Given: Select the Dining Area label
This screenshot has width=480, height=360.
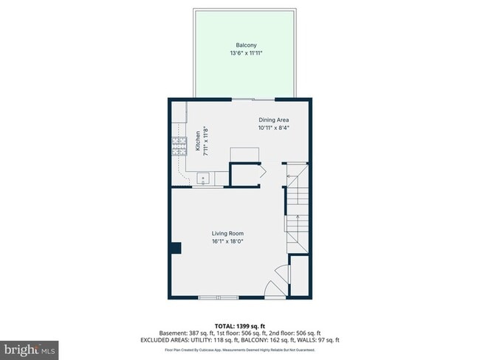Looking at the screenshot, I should coord(273,120).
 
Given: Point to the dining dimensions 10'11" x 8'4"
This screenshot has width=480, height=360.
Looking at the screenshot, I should coord(273,128).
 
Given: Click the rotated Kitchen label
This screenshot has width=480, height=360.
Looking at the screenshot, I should coord(197,141).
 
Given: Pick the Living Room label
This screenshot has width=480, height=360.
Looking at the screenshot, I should coord(227,233).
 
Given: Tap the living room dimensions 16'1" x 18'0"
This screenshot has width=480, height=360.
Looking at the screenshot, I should coord(227,241).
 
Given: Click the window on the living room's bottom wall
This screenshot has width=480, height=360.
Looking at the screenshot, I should coord(219,297).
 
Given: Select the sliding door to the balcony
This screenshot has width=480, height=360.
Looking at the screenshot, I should coord(255,99).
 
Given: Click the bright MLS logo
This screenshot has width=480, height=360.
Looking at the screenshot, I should coord(30,347).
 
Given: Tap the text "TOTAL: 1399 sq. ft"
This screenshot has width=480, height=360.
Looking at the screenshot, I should coord(240,325).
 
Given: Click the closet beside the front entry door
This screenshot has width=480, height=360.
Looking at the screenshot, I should coord(298,276).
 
